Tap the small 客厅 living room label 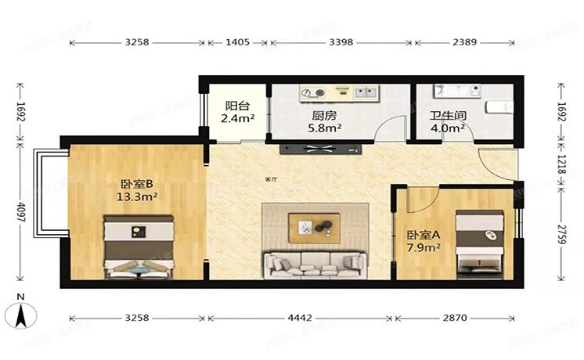point(271,179)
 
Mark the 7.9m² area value point(422,248)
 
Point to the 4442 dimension point(301,319)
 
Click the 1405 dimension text point(237,43)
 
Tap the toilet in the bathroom point(499,106)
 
